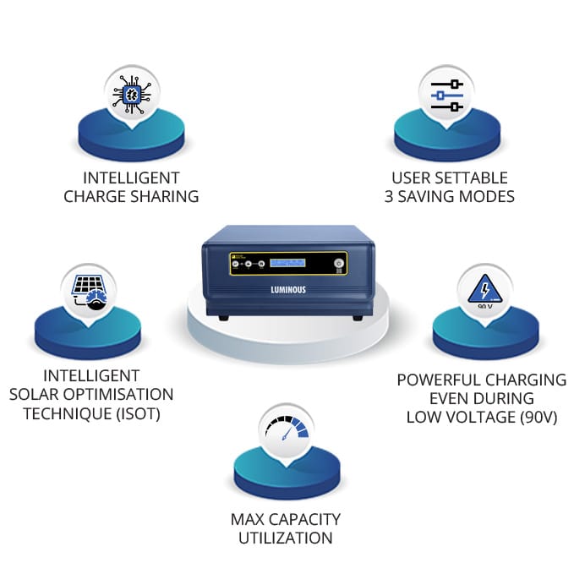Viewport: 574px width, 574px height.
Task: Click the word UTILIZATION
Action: pyautogui.click(x=286, y=538)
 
